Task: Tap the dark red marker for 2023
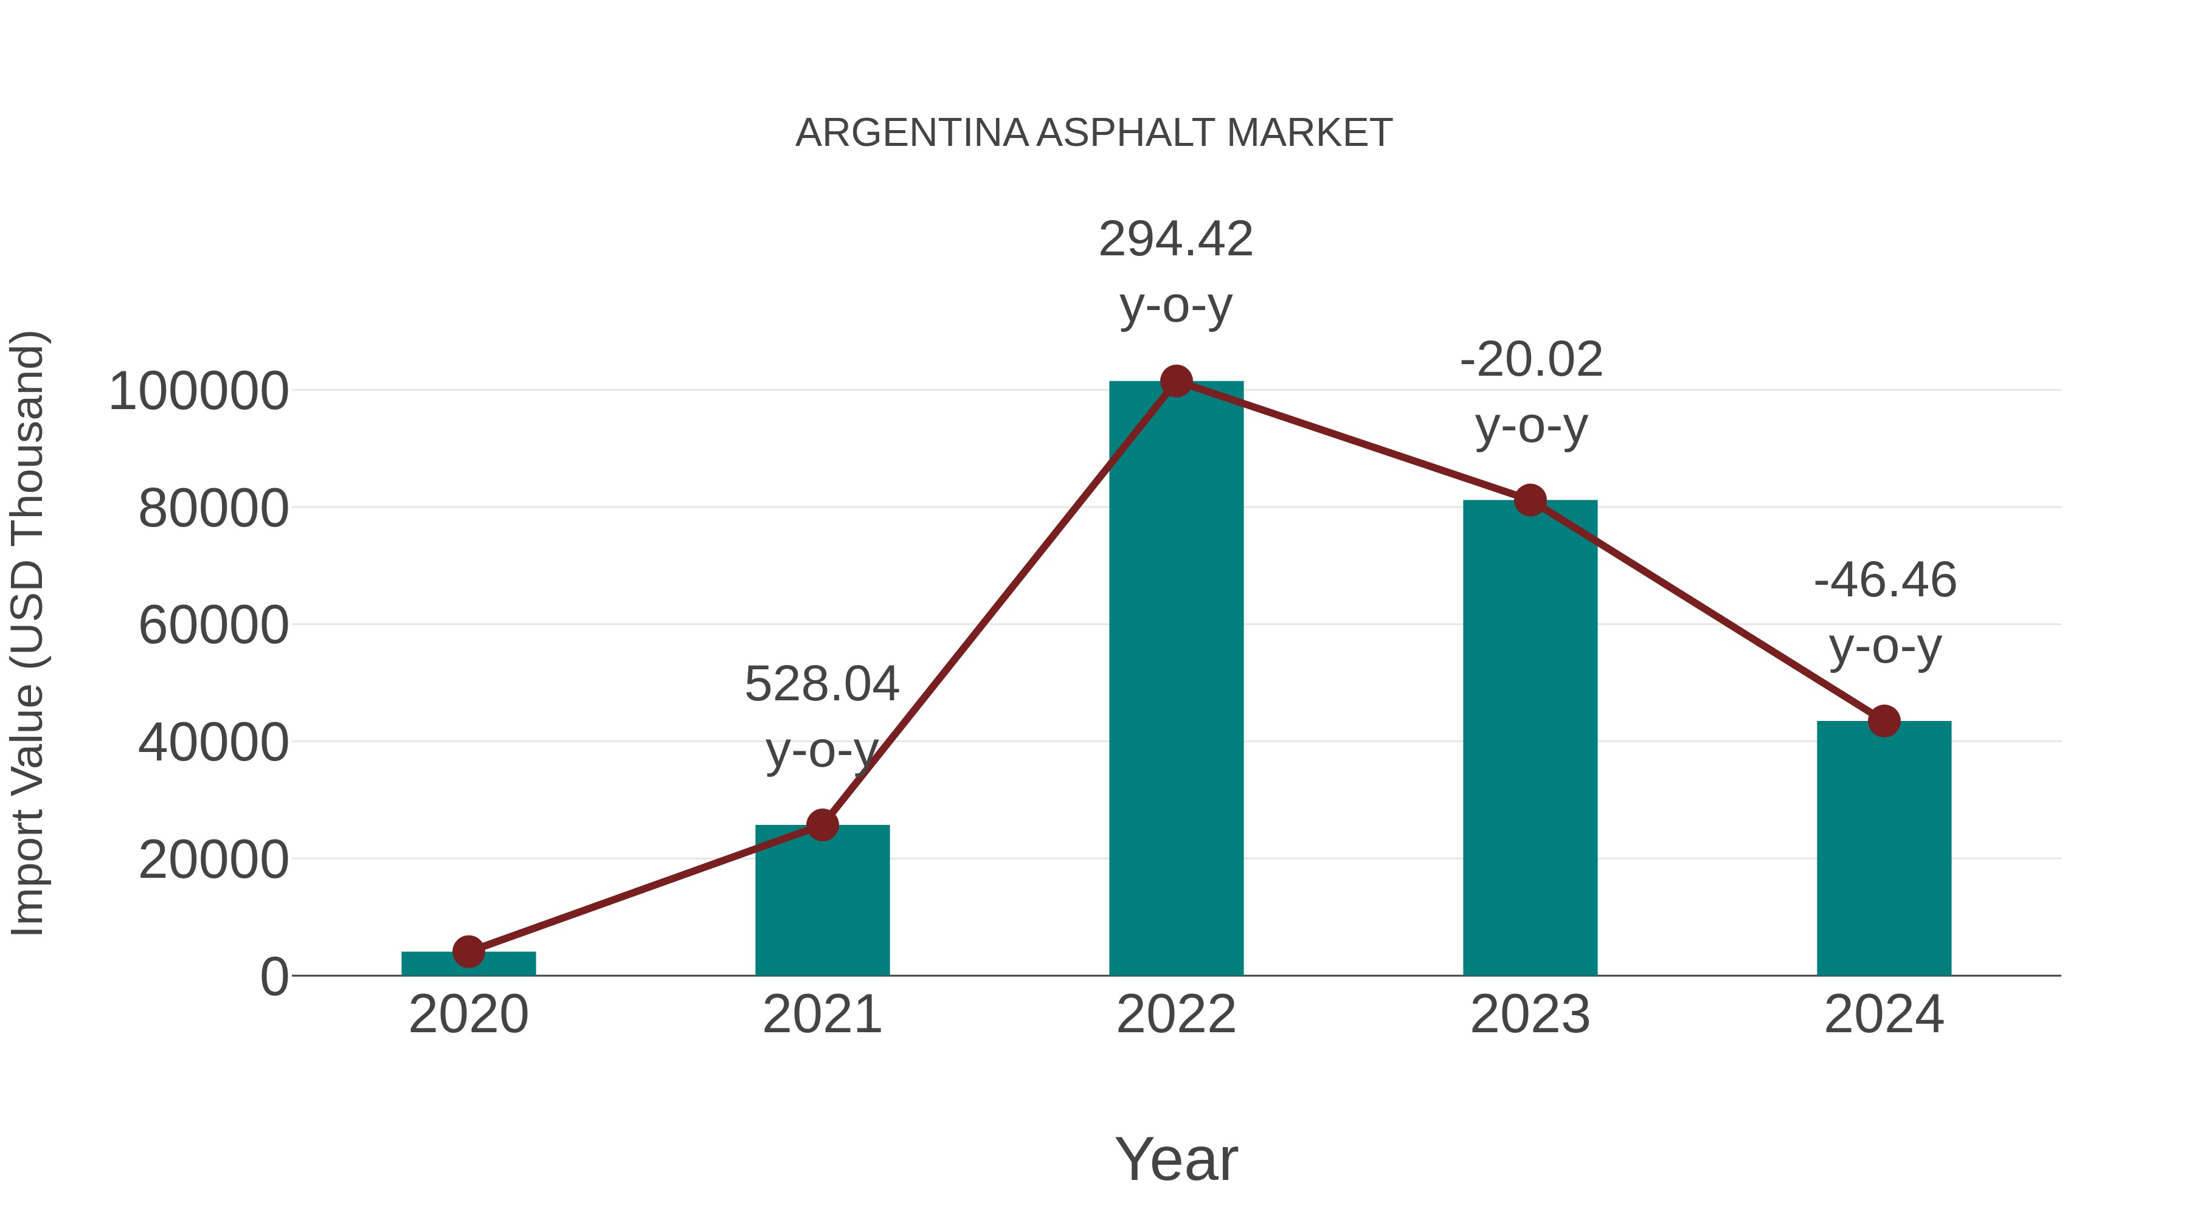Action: click(x=1530, y=500)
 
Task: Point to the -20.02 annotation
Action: click(x=1530, y=360)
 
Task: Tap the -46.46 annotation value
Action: click(x=1885, y=581)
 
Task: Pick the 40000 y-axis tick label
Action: click(x=213, y=743)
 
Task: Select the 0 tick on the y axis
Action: click(x=274, y=977)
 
